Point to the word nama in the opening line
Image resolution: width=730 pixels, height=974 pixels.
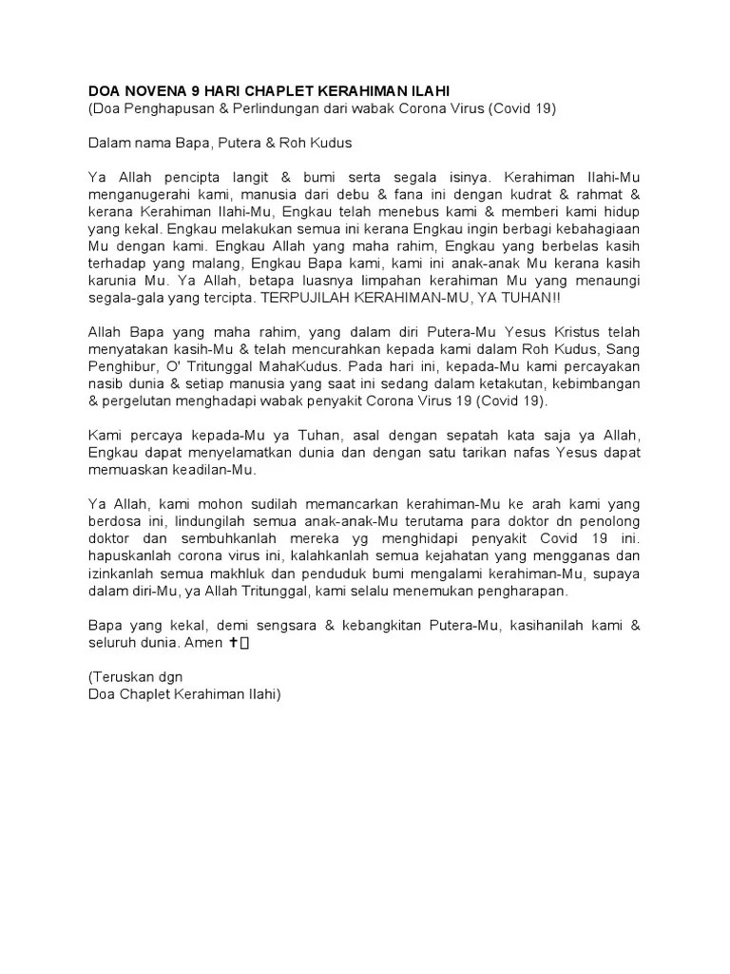151,143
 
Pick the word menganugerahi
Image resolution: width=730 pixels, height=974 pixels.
137,196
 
